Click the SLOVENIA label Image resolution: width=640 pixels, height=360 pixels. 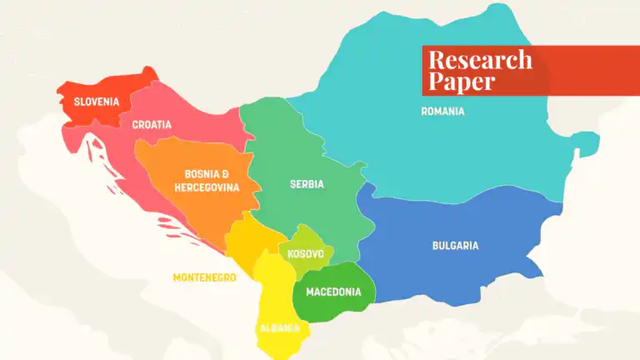point(97,102)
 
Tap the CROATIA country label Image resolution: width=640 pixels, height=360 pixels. point(152,125)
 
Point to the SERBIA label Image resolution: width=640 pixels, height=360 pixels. point(307,184)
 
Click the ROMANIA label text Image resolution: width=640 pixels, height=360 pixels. point(442,112)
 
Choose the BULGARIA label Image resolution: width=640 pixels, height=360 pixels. point(455,246)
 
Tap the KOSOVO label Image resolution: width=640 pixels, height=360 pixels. point(306,253)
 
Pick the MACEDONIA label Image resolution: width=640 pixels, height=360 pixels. point(333,292)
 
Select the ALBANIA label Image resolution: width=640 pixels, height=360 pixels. point(279,327)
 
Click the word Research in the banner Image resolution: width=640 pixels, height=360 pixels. point(480,60)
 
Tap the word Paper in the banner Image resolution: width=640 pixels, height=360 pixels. point(462,82)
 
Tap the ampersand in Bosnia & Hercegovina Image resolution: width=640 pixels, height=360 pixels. point(225,174)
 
